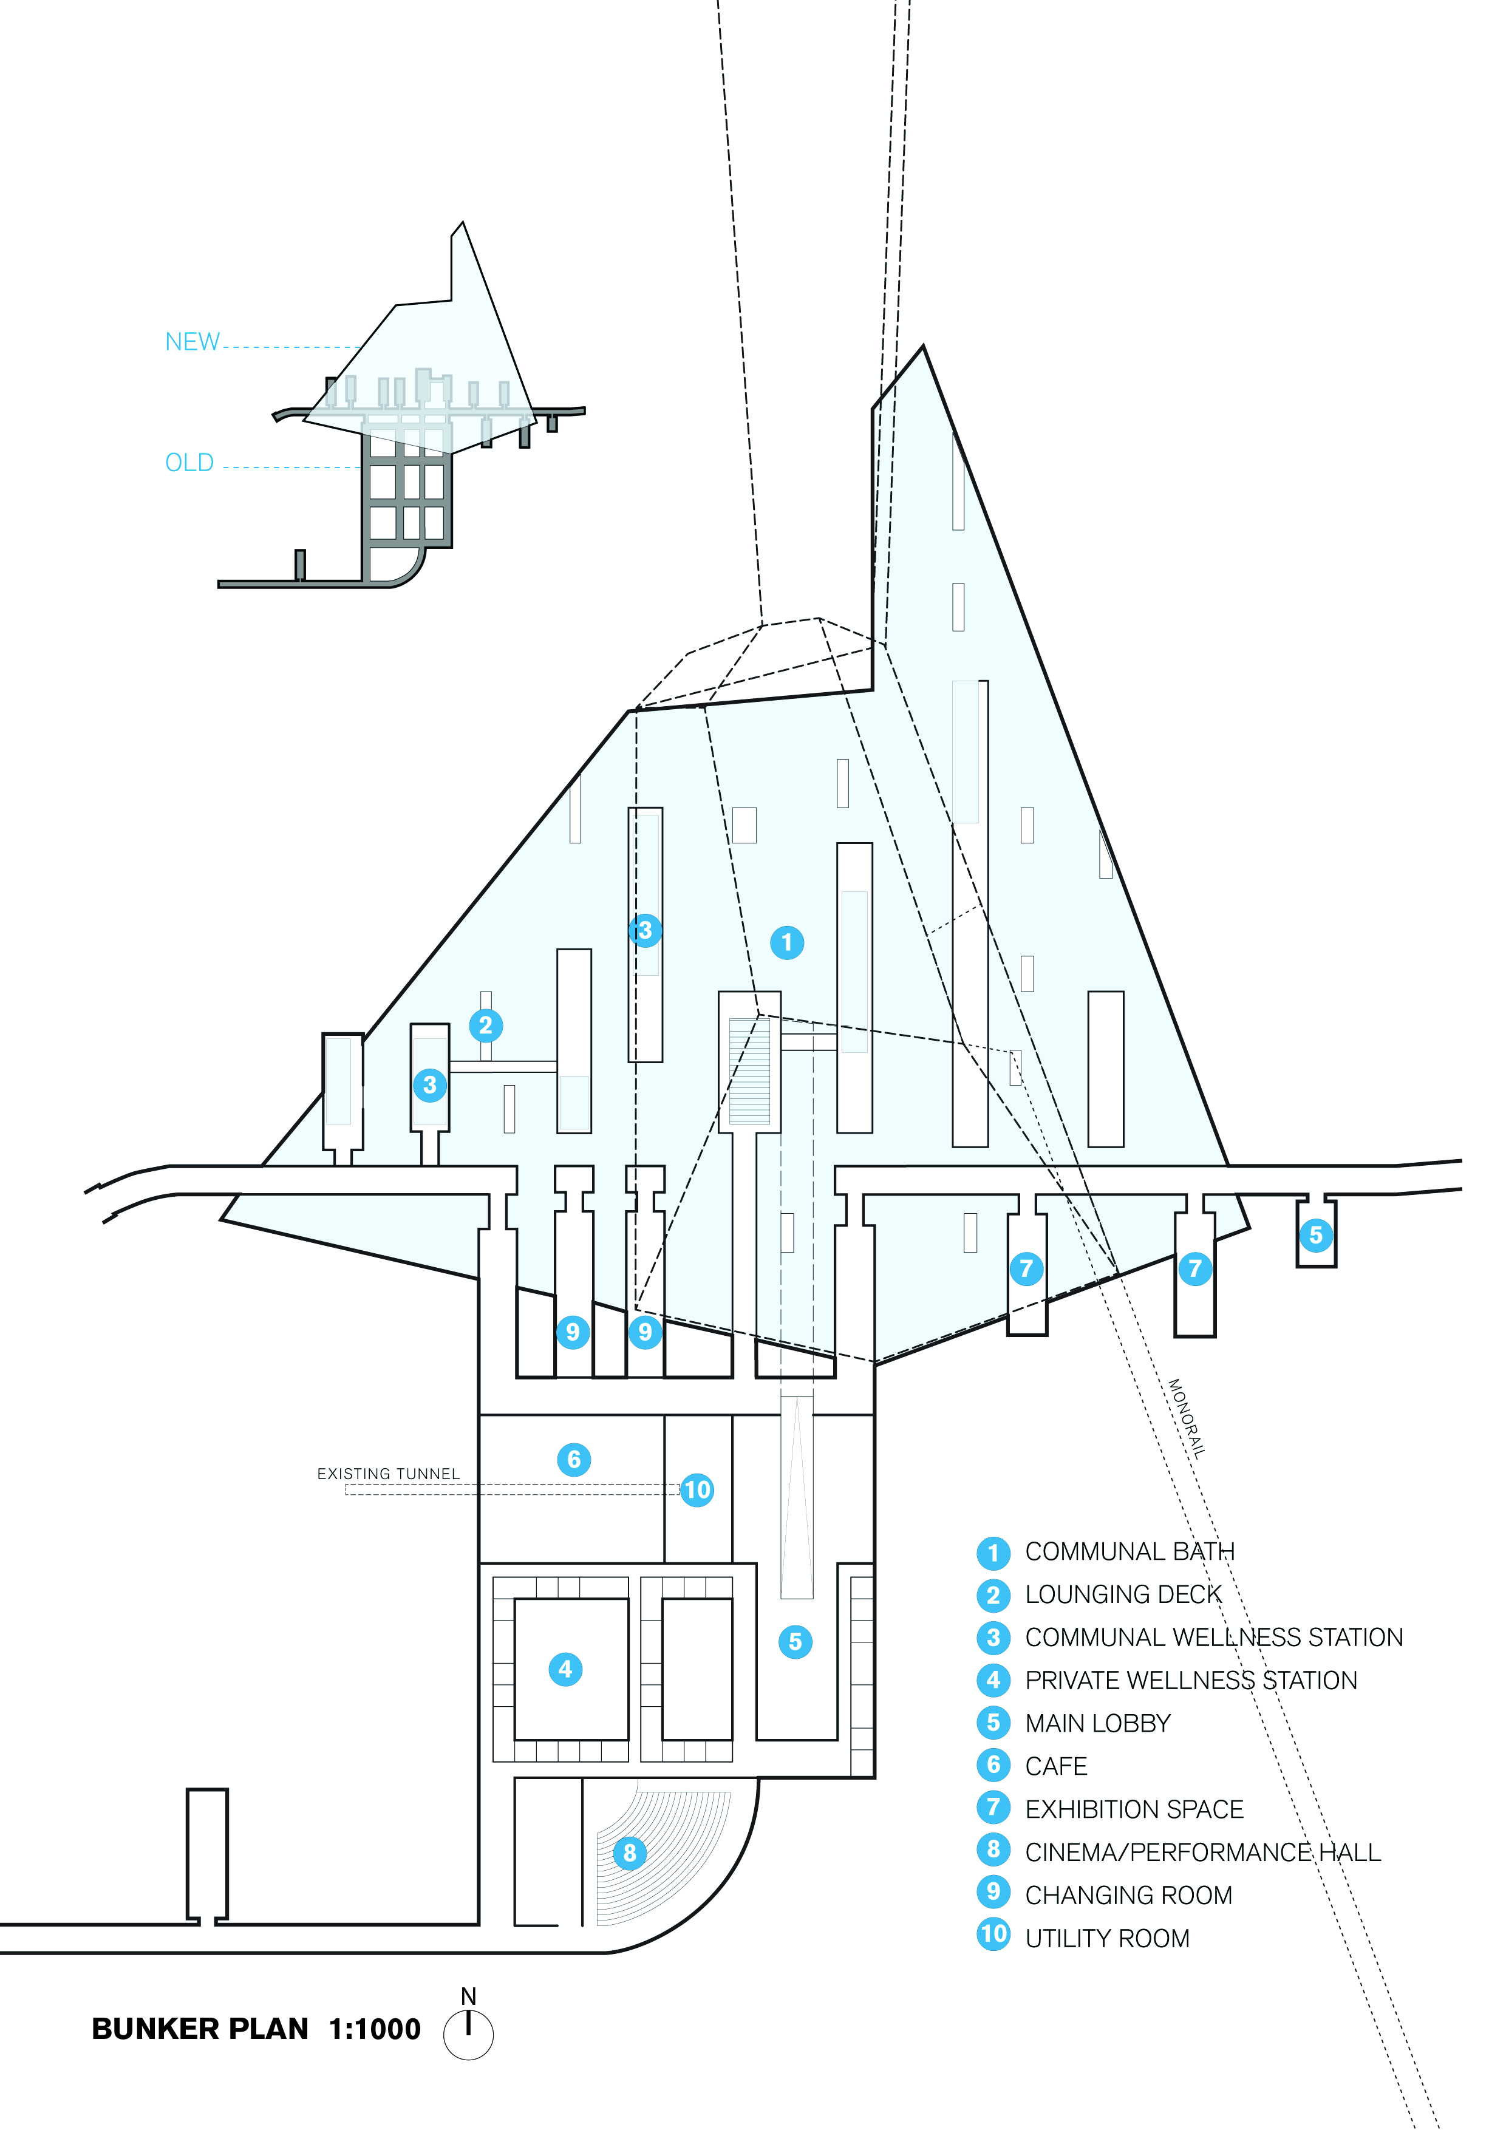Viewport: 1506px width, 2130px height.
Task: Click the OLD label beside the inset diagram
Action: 189,462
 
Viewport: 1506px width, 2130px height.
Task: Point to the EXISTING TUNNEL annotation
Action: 388,1473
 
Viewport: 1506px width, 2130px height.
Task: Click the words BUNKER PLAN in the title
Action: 200,2029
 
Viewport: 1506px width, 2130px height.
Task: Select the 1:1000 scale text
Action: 375,2029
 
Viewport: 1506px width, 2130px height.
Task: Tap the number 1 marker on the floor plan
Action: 787,942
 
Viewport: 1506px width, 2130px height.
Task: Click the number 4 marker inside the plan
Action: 565,1669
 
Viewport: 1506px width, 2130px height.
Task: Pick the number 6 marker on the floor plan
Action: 573,1459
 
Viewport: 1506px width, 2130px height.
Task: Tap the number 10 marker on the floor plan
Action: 697,1490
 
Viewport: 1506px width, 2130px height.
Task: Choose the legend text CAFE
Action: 1056,1766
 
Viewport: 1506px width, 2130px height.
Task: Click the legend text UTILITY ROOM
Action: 1107,1938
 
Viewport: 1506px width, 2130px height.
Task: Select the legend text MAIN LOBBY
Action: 1098,1723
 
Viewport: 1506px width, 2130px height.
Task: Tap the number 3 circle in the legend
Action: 993,1638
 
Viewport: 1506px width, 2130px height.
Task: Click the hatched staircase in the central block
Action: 750,1072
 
